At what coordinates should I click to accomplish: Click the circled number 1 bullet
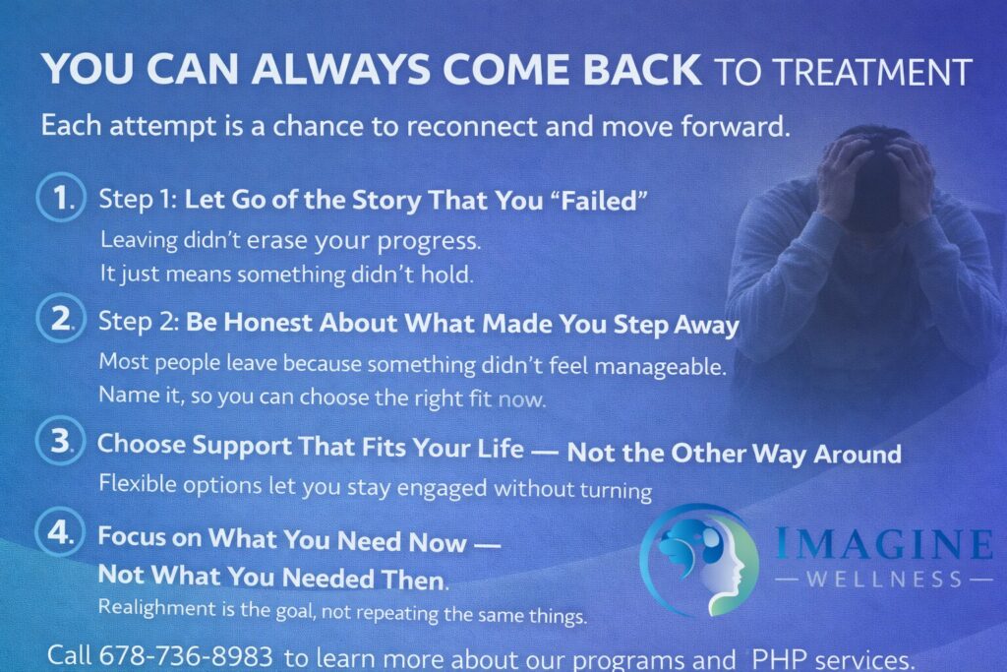[58, 199]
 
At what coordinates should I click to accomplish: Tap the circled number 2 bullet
[58, 320]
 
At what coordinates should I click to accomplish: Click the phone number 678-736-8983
[188, 656]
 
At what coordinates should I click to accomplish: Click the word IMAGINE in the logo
[883, 544]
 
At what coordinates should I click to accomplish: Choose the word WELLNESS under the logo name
[883, 579]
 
